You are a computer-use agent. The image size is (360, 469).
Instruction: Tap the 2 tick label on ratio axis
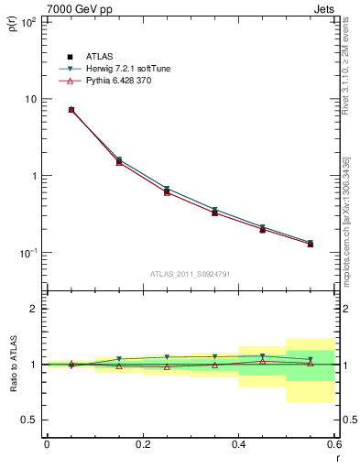[x=34, y=309]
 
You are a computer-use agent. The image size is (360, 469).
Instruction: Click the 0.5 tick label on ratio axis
[x=29, y=420]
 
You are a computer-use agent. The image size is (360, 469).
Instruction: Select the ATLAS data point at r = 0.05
[x=71, y=110]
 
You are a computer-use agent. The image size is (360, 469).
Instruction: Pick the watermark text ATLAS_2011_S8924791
[x=190, y=273]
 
